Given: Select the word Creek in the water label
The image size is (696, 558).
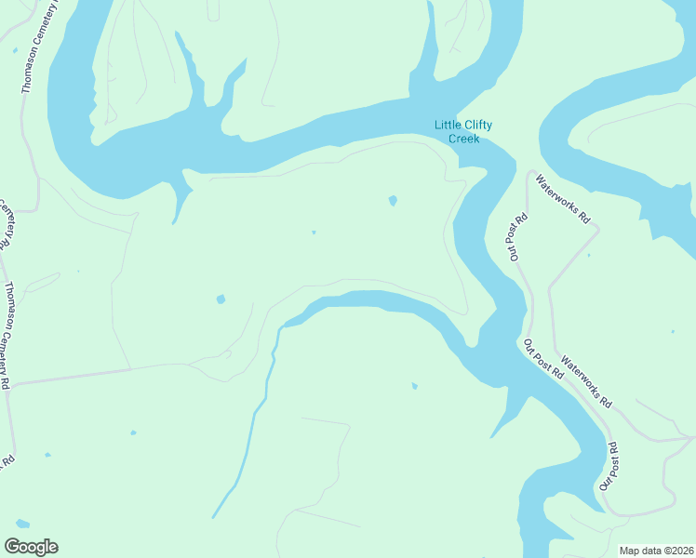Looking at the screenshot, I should click(x=463, y=139).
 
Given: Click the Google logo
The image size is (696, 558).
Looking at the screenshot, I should click(x=31, y=547).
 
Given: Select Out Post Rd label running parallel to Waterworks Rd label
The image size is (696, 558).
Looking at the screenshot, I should click(x=543, y=357).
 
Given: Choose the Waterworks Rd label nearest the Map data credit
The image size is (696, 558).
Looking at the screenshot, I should click(x=587, y=385).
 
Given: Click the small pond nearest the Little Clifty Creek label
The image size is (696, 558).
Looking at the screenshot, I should click(x=393, y=200).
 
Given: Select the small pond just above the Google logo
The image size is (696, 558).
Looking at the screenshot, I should click(x=21, y=524).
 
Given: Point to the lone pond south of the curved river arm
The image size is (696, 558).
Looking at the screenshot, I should click(x=414, y=386).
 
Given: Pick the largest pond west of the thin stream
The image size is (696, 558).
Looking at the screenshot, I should click(x=221, y=299).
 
